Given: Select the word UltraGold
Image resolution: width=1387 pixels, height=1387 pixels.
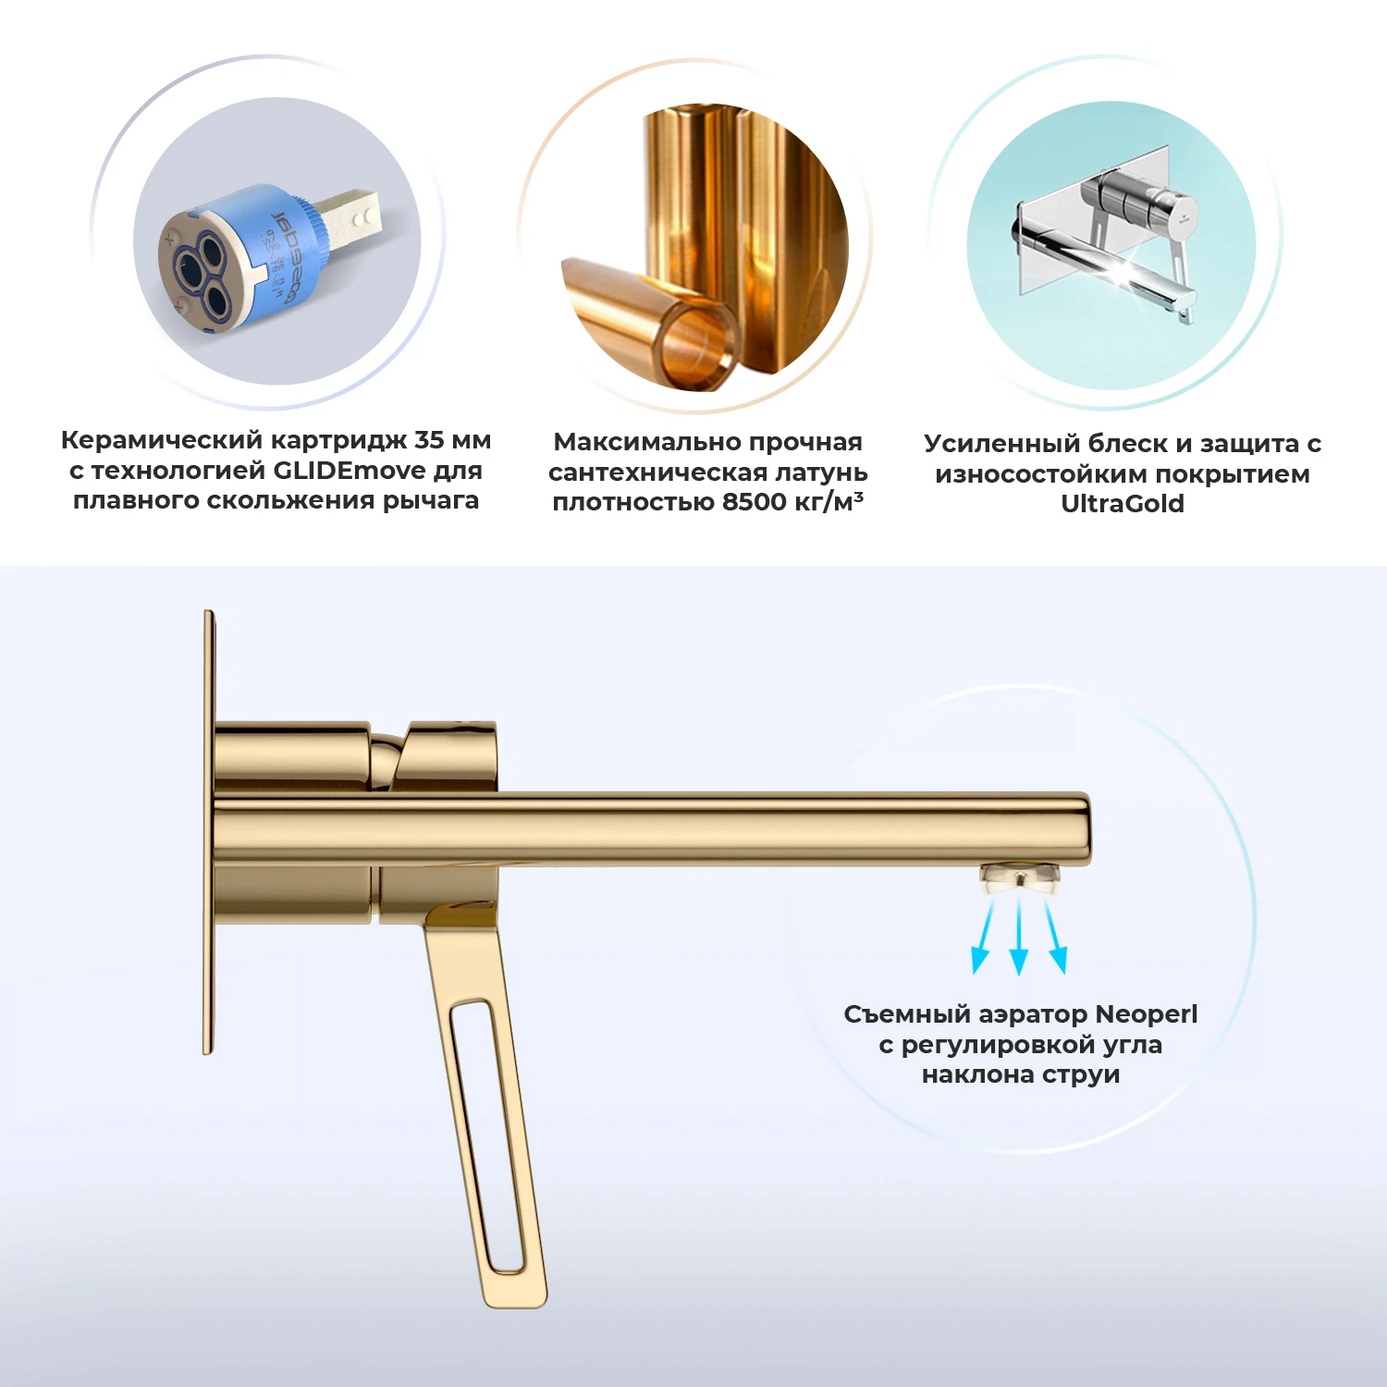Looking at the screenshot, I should (x=1122, y=504).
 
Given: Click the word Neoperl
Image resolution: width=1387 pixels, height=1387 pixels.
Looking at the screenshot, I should (x=1146, y=1014).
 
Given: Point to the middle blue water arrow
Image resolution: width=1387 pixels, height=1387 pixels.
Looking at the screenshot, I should (x=1019, y=939).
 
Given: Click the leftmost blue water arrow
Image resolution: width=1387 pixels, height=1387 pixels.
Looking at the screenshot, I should (x=983, y=938).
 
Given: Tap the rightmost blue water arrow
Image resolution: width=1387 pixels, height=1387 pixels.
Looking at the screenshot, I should (x=1056, y=938).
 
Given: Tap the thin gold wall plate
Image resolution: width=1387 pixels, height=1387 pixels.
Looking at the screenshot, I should (x=209, y=832).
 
